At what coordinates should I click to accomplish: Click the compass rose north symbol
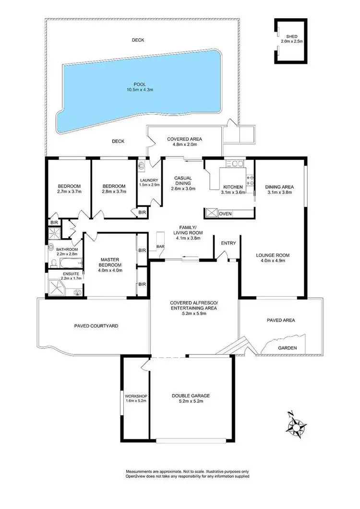pyautogui.click(x=298, y=425)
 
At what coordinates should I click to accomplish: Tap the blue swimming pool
pyautogui.click(x=139, y=96)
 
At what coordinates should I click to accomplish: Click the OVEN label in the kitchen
pyautogui.click(x=225, y=213)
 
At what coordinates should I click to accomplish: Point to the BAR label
pyautogui.click(x=159, y=247)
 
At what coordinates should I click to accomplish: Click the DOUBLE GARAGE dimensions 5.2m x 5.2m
pyautogui.click(x=191, y=402)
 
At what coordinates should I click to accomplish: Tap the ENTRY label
pyautogui.click(x=228, y=243)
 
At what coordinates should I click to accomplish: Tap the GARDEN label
pyautogui.click(x=288, y=348)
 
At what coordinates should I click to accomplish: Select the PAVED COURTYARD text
pyautogui.click(x=96, y=326)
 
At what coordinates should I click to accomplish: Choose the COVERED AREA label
pyautogui.click(x=184, y=139)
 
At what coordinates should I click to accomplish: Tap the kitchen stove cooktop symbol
pyautogui.click(x=250, y=180)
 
